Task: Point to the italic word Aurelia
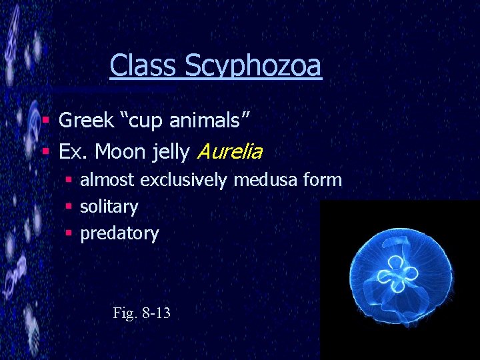229,152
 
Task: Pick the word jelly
171,153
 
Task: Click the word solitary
109,207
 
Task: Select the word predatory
119,234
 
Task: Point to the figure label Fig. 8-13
142,312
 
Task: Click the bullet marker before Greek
46,121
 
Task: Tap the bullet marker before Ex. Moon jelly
46,152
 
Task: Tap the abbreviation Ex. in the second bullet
73,152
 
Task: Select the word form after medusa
326,179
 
